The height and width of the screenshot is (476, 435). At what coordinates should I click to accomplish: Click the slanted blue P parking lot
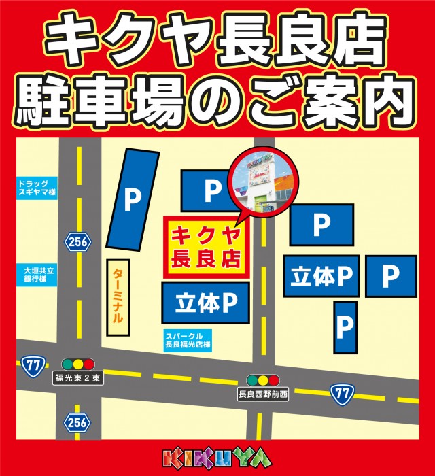tap(133, 199)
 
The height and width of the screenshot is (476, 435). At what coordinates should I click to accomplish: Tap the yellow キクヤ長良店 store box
tap(206, 248)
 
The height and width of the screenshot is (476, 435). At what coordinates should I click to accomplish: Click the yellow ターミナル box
tap(118, 298)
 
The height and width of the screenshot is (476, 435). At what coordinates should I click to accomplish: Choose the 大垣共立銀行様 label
tap(37, 275)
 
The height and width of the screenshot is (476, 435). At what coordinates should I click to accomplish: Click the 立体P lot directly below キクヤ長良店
tap(205, 303)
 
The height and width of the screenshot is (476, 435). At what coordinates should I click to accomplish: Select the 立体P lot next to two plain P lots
tap(321, 276)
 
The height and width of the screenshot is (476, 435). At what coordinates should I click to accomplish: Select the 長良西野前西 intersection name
tap(263, 394)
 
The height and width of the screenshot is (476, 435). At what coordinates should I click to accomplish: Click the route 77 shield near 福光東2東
tap(31, 364)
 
